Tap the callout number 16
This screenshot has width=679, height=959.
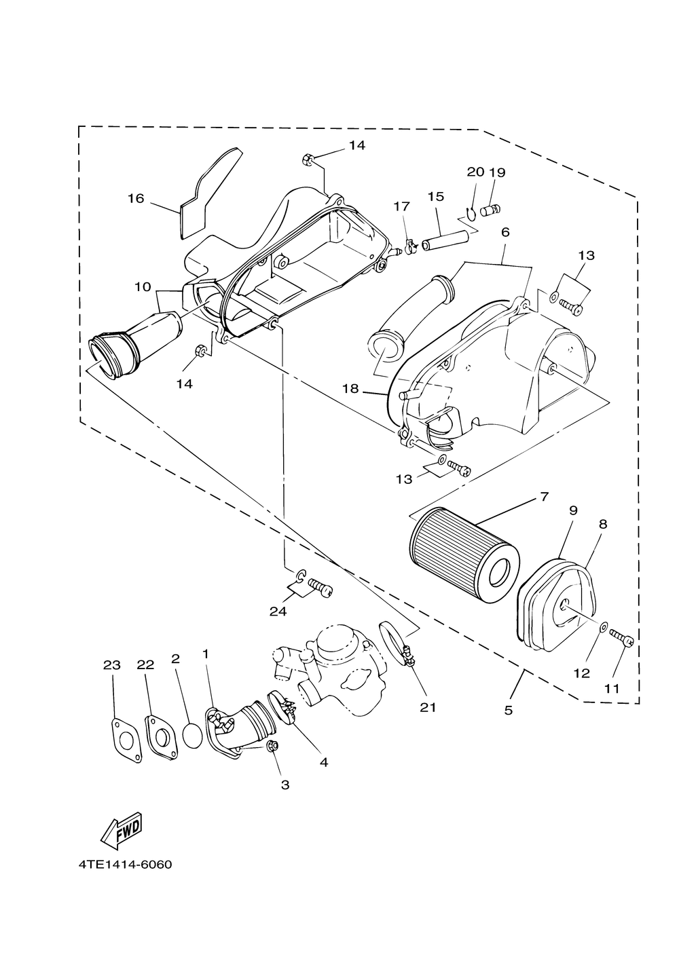(136, 199)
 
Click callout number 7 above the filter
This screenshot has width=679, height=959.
(544, 497)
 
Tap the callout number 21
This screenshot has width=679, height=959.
(428, 707)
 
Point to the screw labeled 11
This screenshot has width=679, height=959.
(621, 636)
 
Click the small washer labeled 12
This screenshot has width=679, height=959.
(602, 628)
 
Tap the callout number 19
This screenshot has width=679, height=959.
(497, 172)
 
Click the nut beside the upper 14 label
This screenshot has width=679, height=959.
(308, 159)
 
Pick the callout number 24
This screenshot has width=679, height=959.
(278, 612)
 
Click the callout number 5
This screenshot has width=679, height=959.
(508, 711)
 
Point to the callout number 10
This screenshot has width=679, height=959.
(143, 286)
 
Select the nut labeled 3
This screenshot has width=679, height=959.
(272, 747)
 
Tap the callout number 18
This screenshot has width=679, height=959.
(350, 389)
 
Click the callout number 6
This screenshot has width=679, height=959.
(505, 233)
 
